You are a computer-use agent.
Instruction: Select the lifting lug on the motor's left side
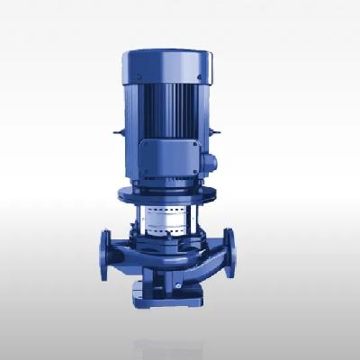(117, 135)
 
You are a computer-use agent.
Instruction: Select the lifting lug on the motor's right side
(216, 135)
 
